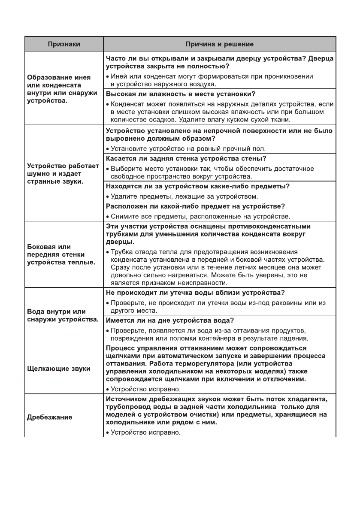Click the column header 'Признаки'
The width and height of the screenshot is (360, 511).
(x=64, y=44)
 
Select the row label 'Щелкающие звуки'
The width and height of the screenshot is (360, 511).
(x=59, y=369)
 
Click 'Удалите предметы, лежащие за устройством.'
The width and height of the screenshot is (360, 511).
(x=184, y=197)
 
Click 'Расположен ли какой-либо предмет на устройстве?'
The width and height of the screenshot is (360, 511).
(x=193, y=206)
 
